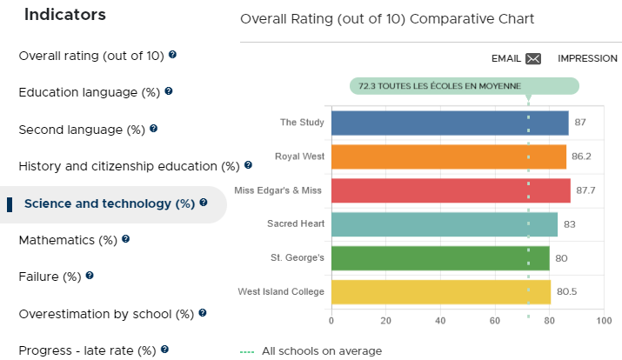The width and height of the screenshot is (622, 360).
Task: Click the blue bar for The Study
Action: coord(450,123)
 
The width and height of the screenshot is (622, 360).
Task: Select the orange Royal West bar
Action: coord(449,157)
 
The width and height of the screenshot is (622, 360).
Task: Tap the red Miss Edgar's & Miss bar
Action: coord(451,190)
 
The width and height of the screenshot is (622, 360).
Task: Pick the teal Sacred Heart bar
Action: coord(445,224)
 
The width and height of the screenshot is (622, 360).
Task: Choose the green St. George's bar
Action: coord(440,258)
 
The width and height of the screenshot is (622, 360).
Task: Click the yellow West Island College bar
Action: coord(441,292)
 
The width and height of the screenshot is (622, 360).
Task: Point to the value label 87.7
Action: coord(585,190)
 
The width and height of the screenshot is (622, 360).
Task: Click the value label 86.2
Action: coord(581,157)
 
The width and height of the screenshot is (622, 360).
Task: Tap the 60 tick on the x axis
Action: coord(495,320)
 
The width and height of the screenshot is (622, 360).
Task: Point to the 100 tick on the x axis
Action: coord(604,320)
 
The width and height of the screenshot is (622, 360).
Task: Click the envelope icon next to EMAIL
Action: coord(533,58)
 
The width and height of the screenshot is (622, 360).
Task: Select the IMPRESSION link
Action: coord(587,58)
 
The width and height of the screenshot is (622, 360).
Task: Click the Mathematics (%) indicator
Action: coord(68,240)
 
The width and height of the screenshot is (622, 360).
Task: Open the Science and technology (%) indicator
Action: coord(110,203)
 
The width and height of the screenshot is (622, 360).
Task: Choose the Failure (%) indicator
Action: coord(50,277)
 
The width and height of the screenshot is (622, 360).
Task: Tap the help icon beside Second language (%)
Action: coord(153,129)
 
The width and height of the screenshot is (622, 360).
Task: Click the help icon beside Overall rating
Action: coord(172,54)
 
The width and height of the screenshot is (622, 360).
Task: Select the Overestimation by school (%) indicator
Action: coord(106,314)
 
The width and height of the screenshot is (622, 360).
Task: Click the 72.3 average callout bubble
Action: coord(465,86)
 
